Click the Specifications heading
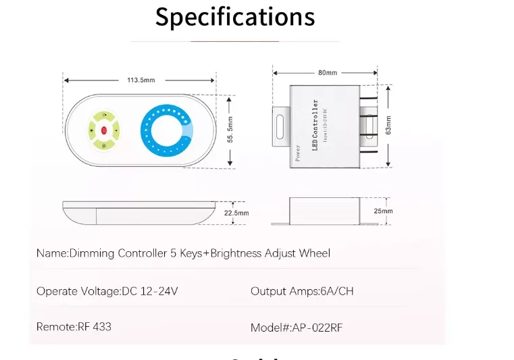point(235,17)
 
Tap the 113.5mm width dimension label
point(140,80)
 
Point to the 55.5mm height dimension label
point(231,128)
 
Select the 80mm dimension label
point(327,72)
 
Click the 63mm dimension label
point(388,125)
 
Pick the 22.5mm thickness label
point(236,213)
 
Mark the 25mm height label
point(383,211)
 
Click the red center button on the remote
point(104,130)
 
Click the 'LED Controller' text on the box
point(314,125)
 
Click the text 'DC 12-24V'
point(150,291)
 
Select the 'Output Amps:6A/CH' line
point(302,291)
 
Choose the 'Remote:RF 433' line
point(74,326)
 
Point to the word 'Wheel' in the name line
point(314,253)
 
